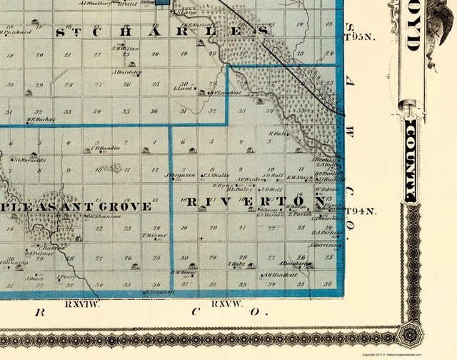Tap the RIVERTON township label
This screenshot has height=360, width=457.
(251, 201)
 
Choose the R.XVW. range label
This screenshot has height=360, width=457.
(228, 305)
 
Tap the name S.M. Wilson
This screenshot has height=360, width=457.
(124, 49)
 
